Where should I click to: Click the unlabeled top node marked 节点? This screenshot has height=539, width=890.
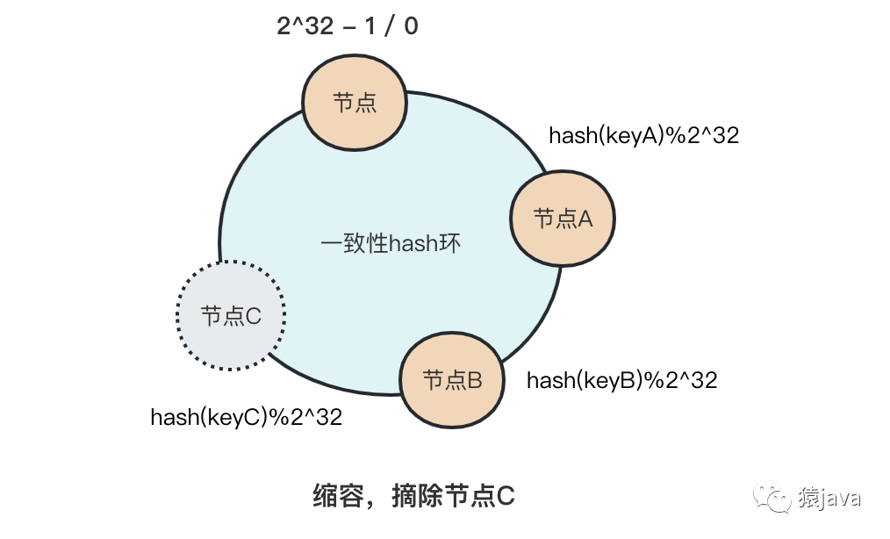[355, 103]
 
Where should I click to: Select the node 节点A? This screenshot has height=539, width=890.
[563, 219]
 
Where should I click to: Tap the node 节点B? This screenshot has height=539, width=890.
[452, 380]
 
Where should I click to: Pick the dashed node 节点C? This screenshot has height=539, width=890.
[232, 315]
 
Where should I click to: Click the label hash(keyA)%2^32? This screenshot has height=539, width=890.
[643, 135]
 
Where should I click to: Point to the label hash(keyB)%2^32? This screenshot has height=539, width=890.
[621, 380]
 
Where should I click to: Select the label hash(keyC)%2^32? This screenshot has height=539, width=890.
[246, 416]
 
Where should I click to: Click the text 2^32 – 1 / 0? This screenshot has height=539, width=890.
[348, 26]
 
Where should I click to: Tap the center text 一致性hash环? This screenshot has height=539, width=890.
[391, 243]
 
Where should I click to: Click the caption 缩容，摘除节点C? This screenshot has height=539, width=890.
[413, 497]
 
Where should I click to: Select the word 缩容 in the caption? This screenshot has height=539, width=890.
[334, 497]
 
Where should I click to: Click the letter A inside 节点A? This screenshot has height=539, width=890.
[584, 219]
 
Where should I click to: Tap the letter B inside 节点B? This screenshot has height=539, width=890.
[474, 381]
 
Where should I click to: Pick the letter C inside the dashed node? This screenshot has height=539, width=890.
[253, 316]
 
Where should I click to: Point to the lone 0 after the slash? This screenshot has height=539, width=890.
[410, 26]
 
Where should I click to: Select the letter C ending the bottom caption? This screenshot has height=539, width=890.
[506, 497]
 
